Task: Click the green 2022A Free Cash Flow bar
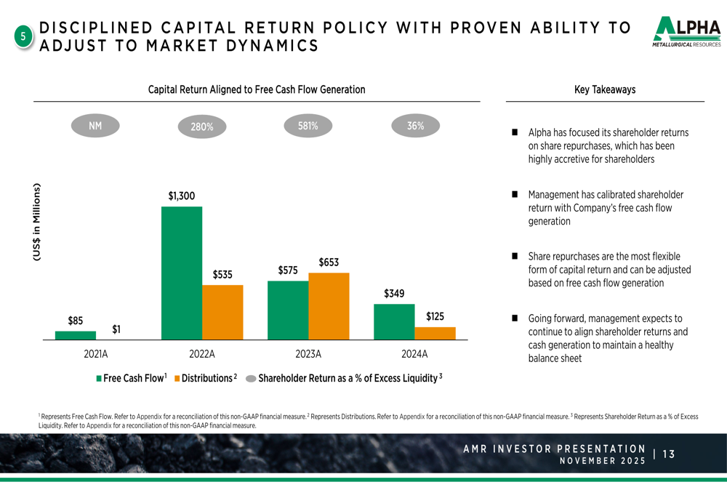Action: tap(182, 273)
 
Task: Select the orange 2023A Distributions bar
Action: tap(329, 306)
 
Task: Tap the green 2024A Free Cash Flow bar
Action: tap(394, 321)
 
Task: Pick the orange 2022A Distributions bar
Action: tap(222, 312)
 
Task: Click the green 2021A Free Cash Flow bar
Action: tap(76, 335)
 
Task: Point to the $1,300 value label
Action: tap(182, 196)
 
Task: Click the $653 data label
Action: tap(329, 262)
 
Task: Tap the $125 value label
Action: tap(435, 316)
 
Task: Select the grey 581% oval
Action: tap(308, 126)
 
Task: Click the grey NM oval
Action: tap(95, 126)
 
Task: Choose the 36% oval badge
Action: tap(415, 126)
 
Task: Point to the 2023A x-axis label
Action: tap(308, 355)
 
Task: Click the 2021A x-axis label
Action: tap(95, 355)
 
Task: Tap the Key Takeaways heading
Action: tap(605, 89)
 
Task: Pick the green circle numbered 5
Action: tap(23, 37)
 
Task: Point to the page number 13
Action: tap(669, 454)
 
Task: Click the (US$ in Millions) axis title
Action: tap(36, 222)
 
